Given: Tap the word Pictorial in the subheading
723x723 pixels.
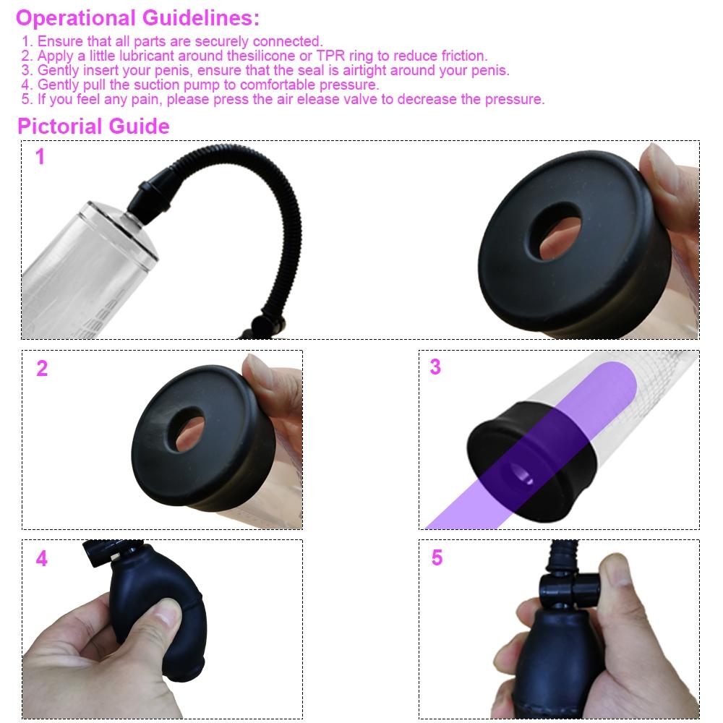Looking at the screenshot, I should coord(60,127).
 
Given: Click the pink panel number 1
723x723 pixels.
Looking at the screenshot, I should coord(40,157).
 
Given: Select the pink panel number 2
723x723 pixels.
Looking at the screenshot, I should coord(42,369).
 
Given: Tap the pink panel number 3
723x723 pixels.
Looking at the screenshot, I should coord(435,367).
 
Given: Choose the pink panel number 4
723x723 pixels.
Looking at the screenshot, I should coord(42,559).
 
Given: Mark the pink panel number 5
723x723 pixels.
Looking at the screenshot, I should coord(437,558).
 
